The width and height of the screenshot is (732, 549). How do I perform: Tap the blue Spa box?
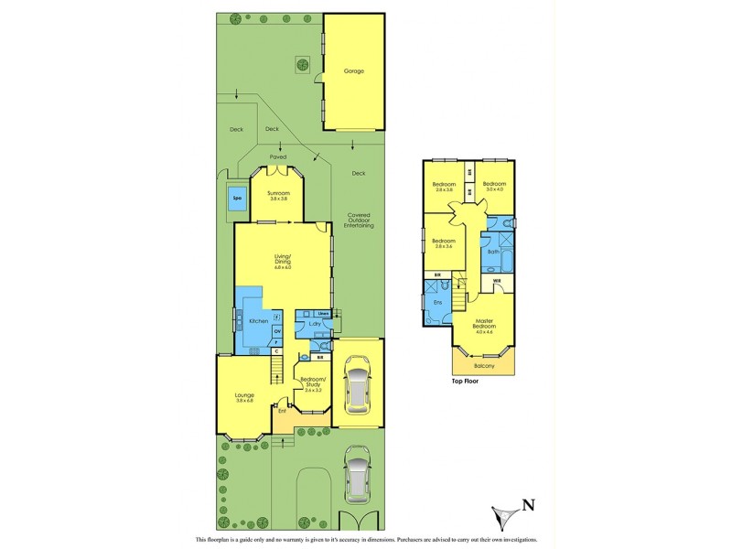(236, 199)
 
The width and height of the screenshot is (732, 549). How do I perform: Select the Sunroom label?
(277, 195)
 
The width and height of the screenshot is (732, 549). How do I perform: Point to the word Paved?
(277, 156)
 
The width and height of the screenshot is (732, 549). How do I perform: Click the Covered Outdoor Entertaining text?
(358, 223)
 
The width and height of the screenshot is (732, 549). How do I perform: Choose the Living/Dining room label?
(282, 264)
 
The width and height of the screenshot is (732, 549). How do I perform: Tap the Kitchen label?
(258, 322)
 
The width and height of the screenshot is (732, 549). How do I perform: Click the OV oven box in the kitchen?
(277, 330)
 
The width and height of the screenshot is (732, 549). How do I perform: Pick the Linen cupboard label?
(323, 315)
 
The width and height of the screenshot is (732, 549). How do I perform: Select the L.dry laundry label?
(315, 325)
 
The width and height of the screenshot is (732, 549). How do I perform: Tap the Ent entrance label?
(283, 412)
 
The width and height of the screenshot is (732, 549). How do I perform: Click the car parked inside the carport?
(357, 386)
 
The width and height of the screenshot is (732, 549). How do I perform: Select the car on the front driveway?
(357, 475)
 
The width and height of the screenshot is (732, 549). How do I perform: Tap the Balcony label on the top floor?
(484, 366)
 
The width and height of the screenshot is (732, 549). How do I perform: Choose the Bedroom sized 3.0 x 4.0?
(494, 187)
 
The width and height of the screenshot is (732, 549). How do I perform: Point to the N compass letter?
(527, 502)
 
